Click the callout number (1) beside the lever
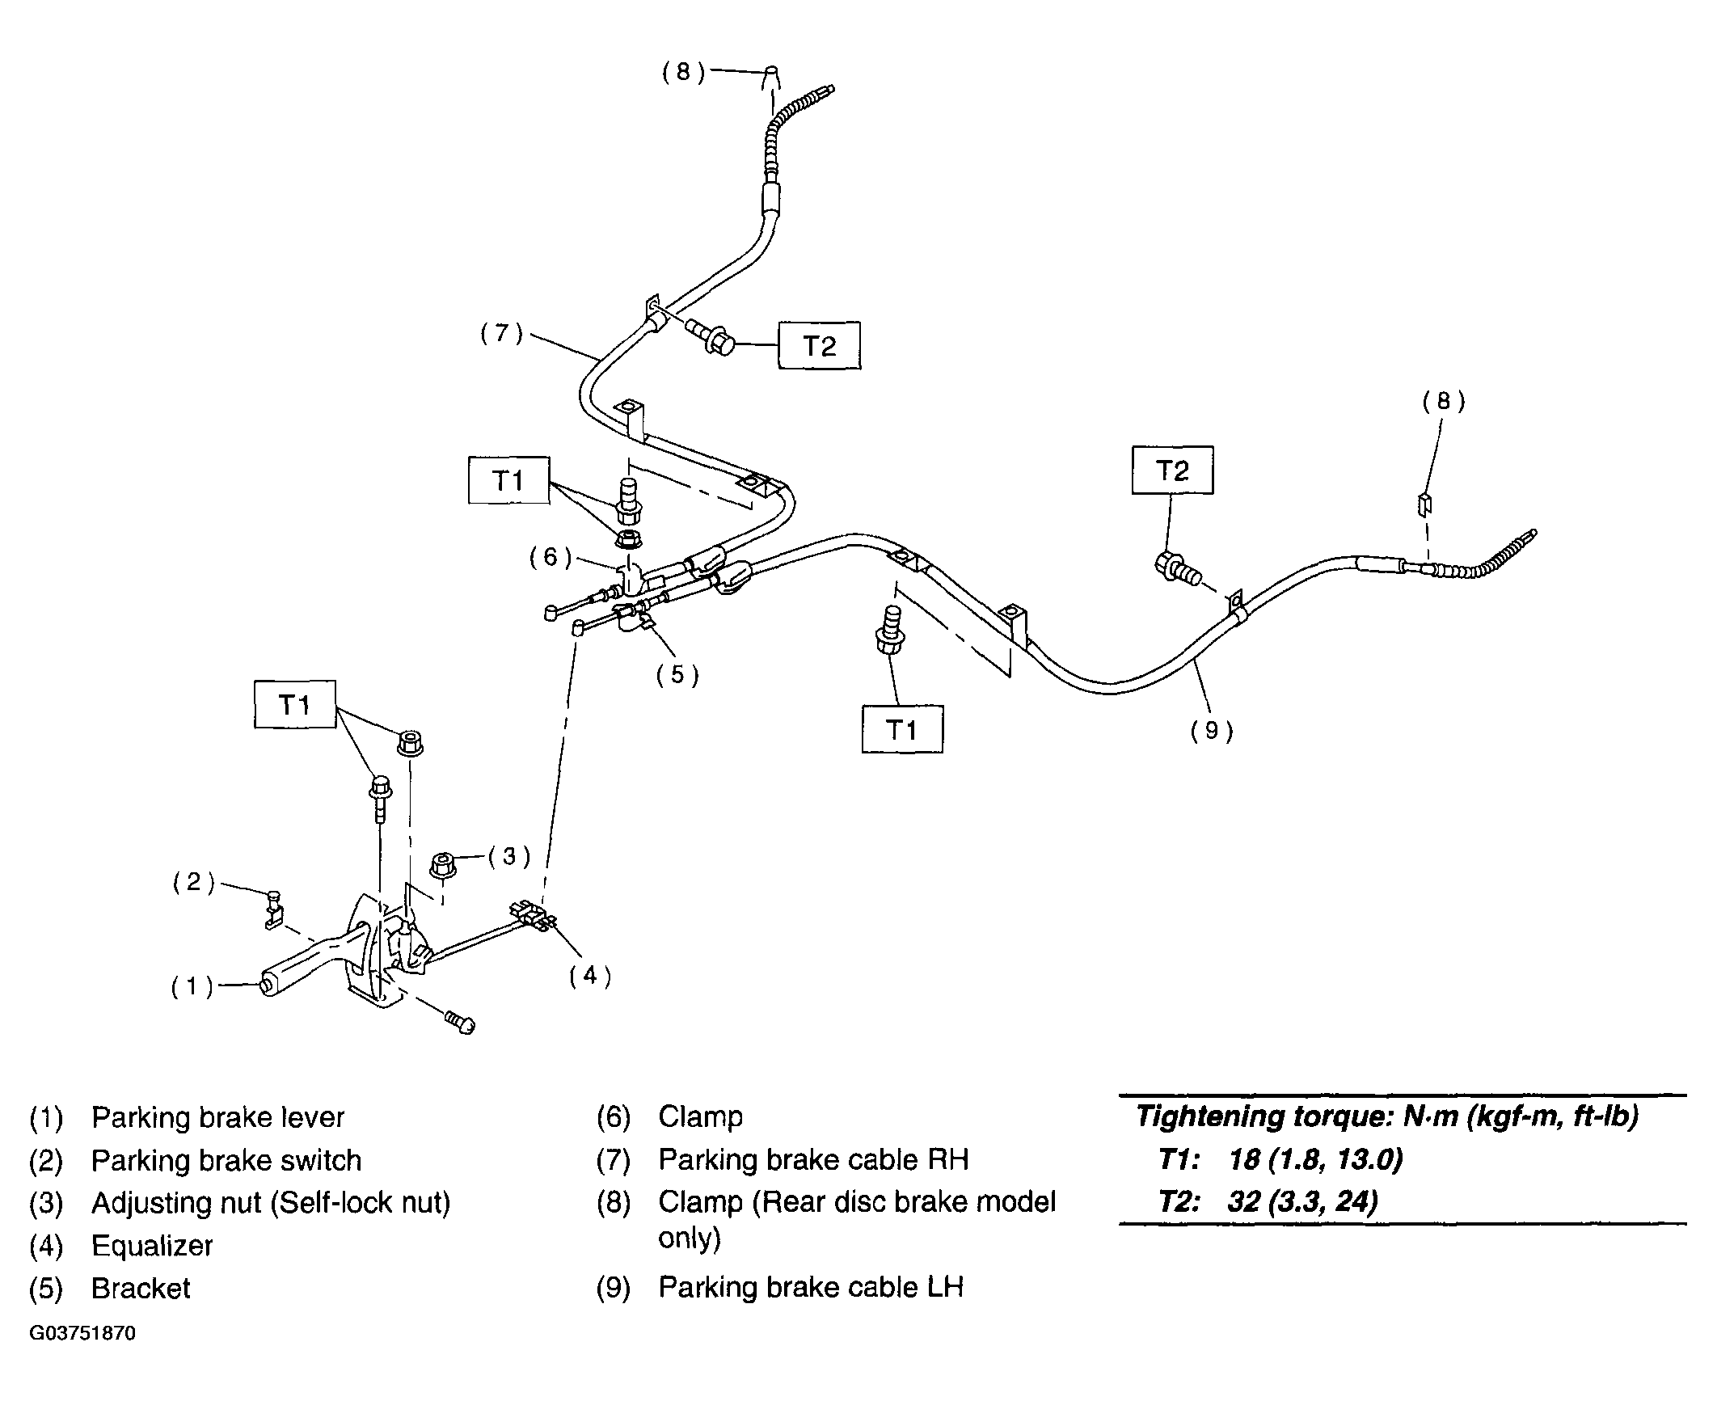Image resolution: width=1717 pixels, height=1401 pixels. pyautogui.click(x=192, y=986)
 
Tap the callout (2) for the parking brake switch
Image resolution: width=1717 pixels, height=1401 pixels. pyautogui.click(x=193, y=882)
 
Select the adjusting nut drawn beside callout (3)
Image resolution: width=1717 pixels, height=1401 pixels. pyautogui.click(x=442, y=863)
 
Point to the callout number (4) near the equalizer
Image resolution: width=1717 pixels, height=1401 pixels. pyautogui.click(x=589, y=976)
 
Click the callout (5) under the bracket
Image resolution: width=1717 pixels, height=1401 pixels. pyautogui.click(x=677, y=674)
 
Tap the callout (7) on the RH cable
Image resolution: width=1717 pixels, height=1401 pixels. pyautogui.click(x=502, y=333)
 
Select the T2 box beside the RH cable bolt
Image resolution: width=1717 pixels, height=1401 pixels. pyautogui.click(x=819, y=346)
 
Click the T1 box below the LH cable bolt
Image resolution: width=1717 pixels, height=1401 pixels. pyautogui.click(x=902, y=730)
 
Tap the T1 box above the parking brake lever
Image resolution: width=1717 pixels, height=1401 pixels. pyautogui.click(x=295, y=705)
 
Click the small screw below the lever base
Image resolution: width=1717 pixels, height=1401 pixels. pyautogui.click(x=460, y=1022)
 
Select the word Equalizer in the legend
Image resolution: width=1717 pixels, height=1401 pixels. pyautogui.click(x=152, y=1246)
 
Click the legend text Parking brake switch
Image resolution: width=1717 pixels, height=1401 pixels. pyautogui.click(x=226, y=1160)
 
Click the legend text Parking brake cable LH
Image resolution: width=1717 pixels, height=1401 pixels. pyautogui.click(x=811, y=1287)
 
